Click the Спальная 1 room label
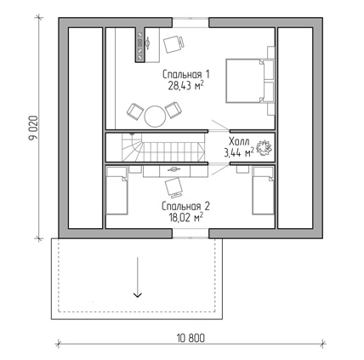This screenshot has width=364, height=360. (x=186, y=75)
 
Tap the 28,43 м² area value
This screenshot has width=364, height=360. (x=186, y=86)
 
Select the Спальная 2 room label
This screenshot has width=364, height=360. (x=185, y=206)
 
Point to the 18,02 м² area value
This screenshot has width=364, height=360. (x=185, y=218)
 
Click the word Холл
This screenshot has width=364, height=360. (x=239, y=141)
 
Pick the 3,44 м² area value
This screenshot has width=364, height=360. (x=239, y=153)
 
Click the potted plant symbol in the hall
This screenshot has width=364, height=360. (x=264, y=147)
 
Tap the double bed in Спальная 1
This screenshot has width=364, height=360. (x=250, y=80)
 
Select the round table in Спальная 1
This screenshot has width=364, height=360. (x=155, y=116)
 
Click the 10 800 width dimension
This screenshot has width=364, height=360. (x=191, y=338)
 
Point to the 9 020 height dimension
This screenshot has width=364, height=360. (x=33, y=128)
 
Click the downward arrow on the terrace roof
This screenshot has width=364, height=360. (x=138, y=277)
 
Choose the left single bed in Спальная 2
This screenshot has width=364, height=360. (x=117, y=190)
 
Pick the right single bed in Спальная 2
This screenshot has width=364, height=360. (x=263, y=190)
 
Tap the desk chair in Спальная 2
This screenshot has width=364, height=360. (x=173, y=187)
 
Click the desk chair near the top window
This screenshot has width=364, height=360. (x=173, y=43)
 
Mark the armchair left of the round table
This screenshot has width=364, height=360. (x=134, y=111)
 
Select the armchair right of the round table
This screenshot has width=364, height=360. (x=173, y=110)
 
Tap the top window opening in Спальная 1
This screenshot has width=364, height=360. (x=191, y=23)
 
